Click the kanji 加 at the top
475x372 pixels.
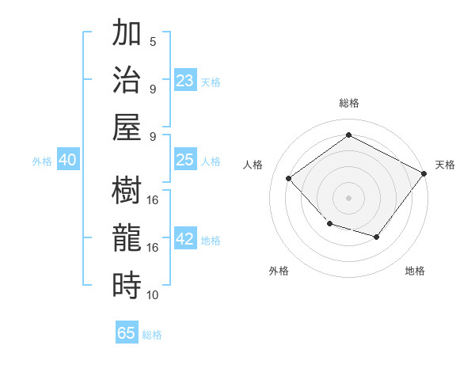(127, 35)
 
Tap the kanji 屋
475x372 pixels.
(127, 127)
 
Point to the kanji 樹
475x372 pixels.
(127, 191)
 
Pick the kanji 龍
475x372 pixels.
(127, 237)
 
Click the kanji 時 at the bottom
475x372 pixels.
(127, 284)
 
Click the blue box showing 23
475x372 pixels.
(185, 80)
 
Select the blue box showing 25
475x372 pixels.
(185, 160)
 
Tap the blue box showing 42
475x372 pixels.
(185, 239)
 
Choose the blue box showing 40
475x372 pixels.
(68, 160)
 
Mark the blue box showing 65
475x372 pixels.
(127, 333)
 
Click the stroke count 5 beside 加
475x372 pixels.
(153, 42)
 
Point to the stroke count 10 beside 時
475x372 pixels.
(153, 295)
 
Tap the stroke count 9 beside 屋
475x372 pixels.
(153, 137)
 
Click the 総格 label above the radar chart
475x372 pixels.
(348, 103)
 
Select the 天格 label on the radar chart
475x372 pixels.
(445, 165)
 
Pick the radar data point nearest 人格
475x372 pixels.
(289, 178)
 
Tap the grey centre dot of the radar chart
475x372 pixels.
(348, 197)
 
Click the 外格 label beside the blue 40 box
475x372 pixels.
(42, 161)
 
